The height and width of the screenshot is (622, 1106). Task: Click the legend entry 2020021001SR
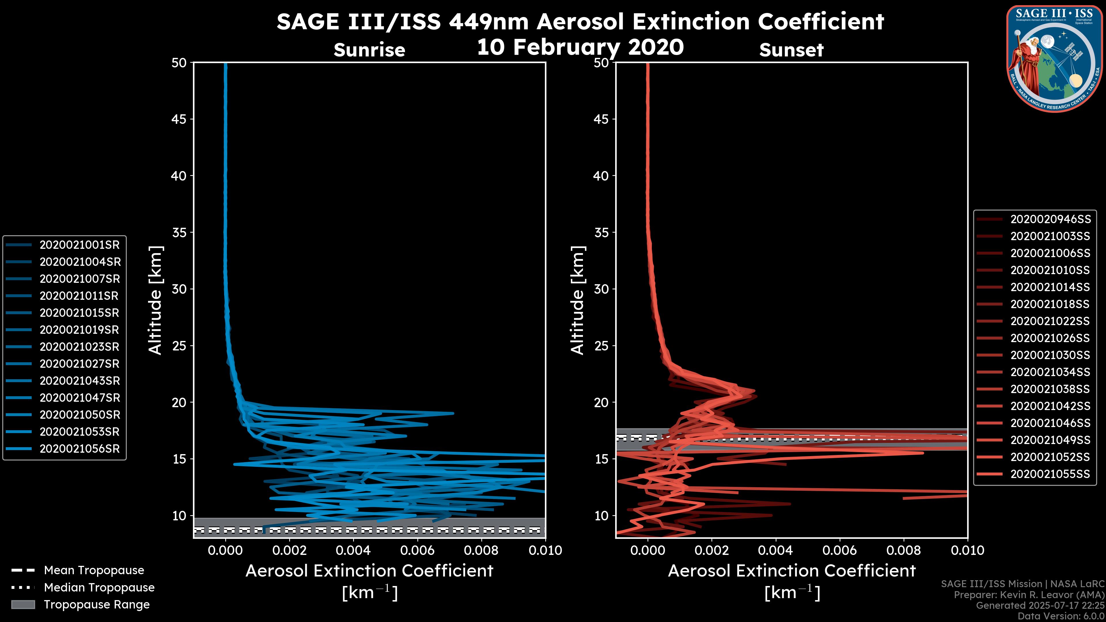pyautogui.click(x=80, y=245)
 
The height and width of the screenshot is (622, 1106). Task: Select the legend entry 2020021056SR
pyautogui.click(x=80, y=449)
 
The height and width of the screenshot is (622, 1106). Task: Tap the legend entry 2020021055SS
pyautogui.click(x=1050, y=474)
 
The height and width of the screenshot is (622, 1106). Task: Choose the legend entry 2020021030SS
pyautogui.click(x=1050, y=355)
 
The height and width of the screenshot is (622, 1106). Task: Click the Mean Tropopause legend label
pyautogui.click(x=94, y=570)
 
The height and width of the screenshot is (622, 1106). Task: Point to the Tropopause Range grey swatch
pyautogui.click(x=23, y=604)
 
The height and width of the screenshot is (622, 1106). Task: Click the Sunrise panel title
pyautogui.click(x=369, y=50)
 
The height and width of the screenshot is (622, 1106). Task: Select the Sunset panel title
pyautogui.click(x=791, y=50)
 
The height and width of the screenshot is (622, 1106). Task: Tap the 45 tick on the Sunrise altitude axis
pyautogui.click(x=179, y=119)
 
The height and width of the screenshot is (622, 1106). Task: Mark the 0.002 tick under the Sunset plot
pyautogui.click(x=711, y=550)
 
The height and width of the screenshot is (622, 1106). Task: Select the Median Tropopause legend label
pyautogui.click(x=99, y=587)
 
